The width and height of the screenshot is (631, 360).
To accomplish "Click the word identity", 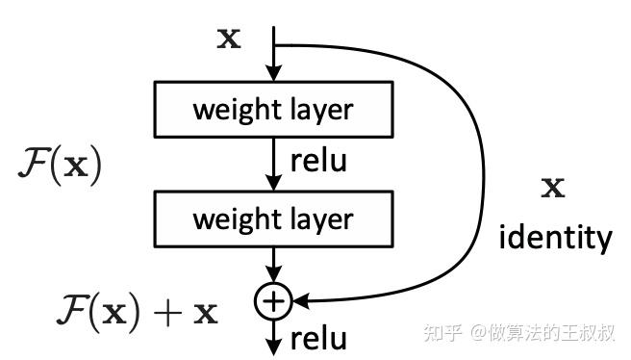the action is click(555, 238).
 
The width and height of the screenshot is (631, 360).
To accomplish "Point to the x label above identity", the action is click(553, 188).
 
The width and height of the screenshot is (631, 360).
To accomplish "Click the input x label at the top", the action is click(229, 39).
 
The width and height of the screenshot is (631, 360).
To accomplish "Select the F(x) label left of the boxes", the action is click(60, 166).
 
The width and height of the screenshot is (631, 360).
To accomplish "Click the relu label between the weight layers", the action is click(318, 161).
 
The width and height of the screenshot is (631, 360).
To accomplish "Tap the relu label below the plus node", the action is click(318, 338).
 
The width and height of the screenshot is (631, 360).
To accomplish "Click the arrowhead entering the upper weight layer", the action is click(273, 73).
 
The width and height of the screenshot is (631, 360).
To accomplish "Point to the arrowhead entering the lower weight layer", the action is click(273, 183).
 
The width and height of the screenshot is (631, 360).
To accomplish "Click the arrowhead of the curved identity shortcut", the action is click(301, 301).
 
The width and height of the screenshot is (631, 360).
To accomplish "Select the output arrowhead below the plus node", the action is click(273, 347).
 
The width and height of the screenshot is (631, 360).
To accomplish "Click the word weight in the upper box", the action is click(237, 111).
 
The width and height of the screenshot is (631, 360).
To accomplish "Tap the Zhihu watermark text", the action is click(519, 333).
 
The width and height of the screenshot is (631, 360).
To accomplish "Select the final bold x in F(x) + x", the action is click(206, 314).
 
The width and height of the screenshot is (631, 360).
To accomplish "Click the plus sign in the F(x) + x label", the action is click(167, 313).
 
